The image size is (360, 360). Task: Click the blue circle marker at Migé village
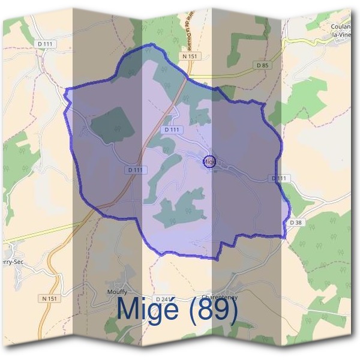click(209, 161)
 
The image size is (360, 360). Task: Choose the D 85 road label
click(262, 65)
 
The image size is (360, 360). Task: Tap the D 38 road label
click(296, 222)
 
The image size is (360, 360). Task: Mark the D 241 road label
click(163, 299)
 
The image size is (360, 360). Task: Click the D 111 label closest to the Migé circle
click(172, 130)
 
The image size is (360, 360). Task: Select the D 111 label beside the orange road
click(136, 170)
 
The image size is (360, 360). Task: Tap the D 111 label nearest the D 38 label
click(280, 178)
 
